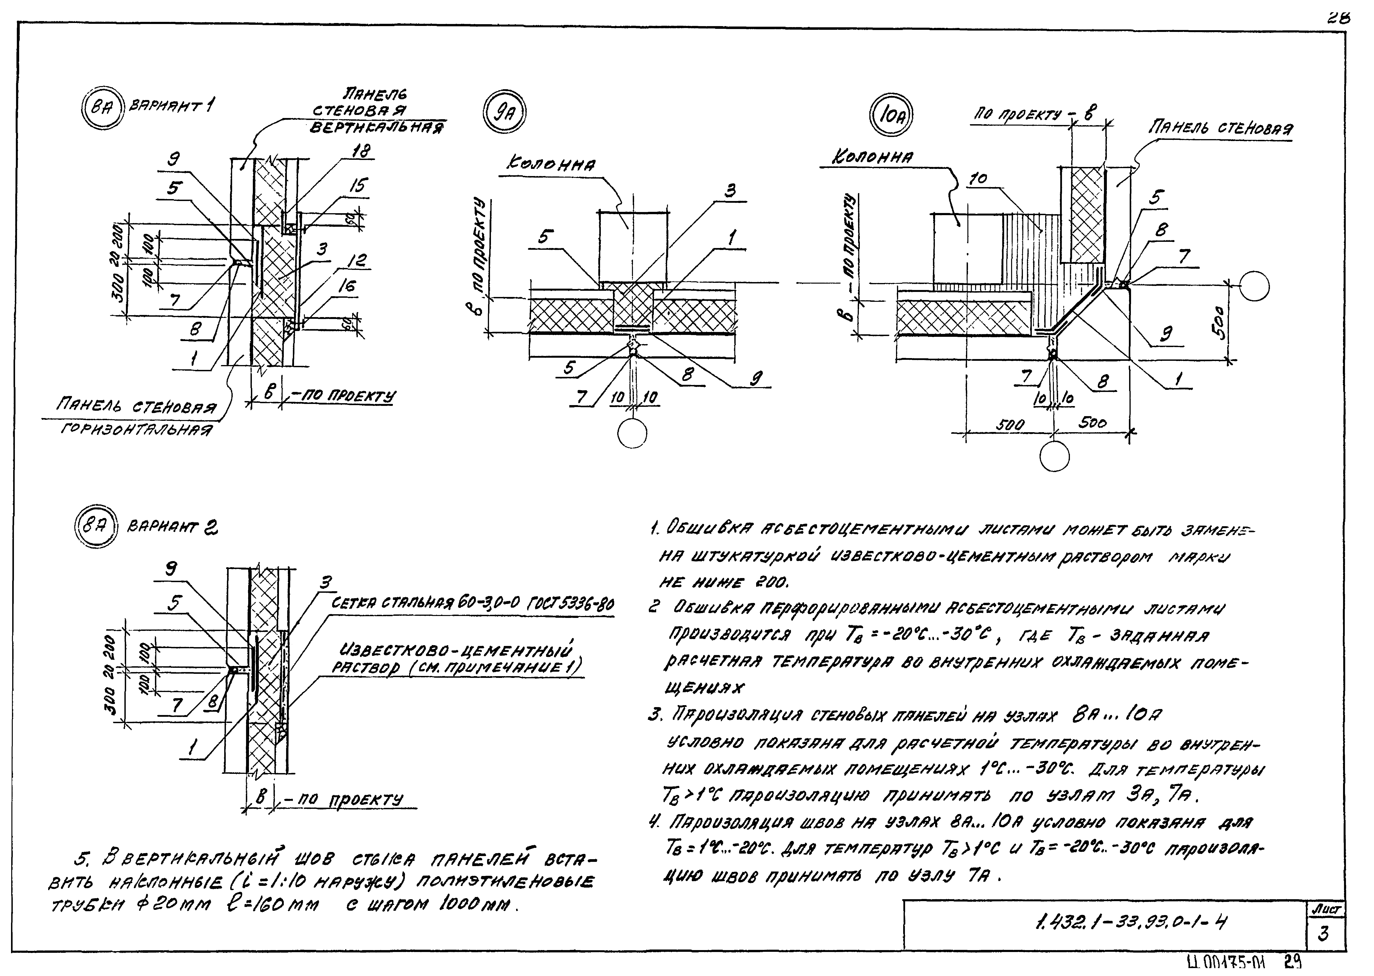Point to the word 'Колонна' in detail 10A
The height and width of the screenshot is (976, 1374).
tap(872, 157)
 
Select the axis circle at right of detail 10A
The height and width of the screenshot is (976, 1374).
tap(1254, 286)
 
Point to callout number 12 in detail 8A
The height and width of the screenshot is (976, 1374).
tap(358, 260)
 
